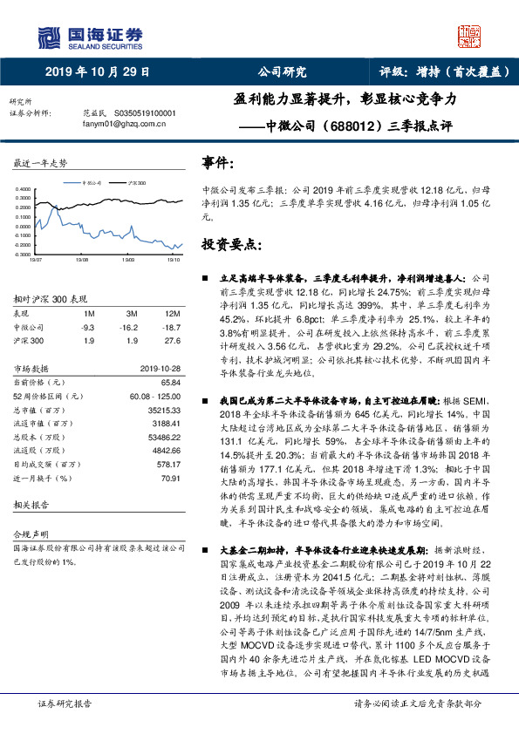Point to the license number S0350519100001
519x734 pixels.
pos(147,113)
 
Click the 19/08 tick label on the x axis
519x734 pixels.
pos(82,259)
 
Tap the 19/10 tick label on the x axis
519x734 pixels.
pos(173,259)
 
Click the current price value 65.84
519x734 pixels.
pos(169,382)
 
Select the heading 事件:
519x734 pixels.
pos(217,162)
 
